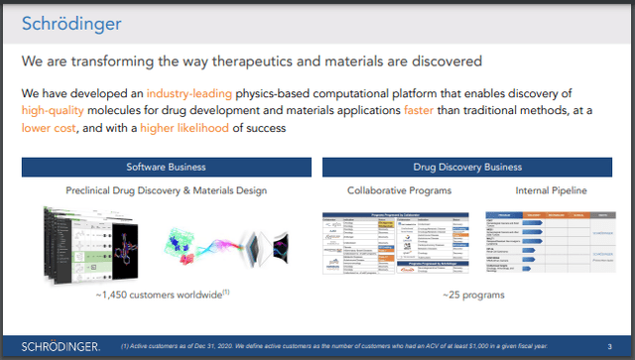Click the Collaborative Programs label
point(385,188)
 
